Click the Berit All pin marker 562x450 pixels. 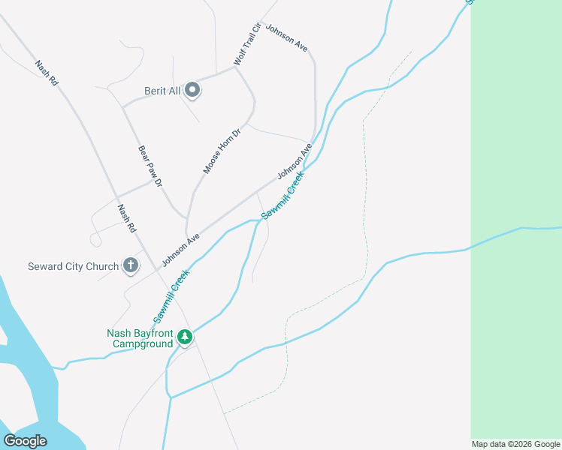(x=192, y=91)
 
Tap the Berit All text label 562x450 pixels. (x=163, y=91)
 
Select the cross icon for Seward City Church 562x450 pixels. (x=131, y=265)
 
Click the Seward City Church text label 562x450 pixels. (x=73, y=266)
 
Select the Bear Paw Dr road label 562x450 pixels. (x=150, y=166)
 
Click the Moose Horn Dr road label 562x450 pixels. (x=222, y=151)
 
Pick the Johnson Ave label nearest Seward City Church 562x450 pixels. (x=181, y=247)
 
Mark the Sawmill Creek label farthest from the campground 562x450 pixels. (x=283, y=195)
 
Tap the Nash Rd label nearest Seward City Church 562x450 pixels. (x=126, y=217)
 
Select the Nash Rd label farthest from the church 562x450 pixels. (x=47, y=73)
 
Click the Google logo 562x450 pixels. (x=26, y=440)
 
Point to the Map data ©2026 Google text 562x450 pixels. (x=516, y=444)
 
